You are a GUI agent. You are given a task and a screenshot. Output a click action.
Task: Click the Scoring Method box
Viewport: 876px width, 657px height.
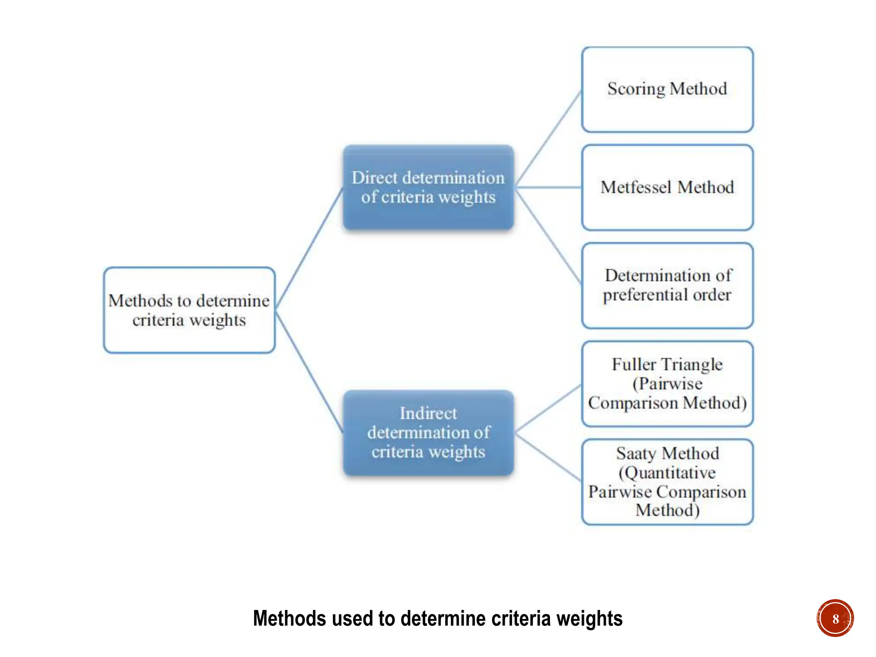click(667, 89)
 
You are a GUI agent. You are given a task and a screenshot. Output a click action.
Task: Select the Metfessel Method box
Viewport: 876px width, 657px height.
click(667, 187)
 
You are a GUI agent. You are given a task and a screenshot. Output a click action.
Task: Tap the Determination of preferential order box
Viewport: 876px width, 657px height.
click(667, 285)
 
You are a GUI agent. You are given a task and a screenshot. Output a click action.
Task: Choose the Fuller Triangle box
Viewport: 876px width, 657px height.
click(667, 384)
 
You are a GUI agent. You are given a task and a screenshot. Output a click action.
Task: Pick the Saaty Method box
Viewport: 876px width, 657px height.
click(667, 482)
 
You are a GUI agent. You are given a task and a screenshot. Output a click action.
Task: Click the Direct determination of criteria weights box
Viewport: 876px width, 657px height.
click(428, 187)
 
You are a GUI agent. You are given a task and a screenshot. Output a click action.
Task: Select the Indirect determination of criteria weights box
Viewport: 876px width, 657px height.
click(428, 432)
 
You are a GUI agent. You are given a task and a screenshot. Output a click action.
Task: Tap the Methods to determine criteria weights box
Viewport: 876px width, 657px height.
click(189, 310)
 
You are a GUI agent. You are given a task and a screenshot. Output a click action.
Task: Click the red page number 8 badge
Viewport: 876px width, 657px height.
click(835, 618)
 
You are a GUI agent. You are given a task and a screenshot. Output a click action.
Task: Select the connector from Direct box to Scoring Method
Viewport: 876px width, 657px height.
click(548, 138)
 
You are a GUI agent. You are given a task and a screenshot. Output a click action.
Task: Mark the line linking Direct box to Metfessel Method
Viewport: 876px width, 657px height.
click(548, 187)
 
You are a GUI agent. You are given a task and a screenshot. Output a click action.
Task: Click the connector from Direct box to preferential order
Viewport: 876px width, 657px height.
click(548, 236)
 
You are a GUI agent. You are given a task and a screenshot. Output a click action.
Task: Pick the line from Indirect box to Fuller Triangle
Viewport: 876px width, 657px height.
click(548, 408)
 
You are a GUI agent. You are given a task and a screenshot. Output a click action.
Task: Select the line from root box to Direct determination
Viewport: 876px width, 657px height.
click(309, 248)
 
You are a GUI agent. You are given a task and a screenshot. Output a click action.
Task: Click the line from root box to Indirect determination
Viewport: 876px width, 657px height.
click(309, 372)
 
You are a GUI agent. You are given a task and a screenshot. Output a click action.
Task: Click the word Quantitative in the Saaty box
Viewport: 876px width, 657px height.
click(667, 473)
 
